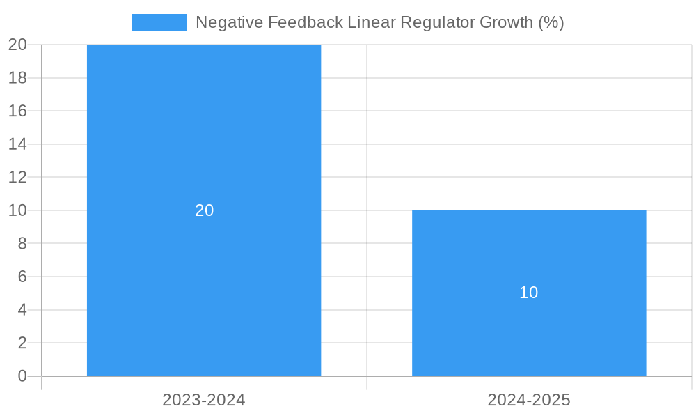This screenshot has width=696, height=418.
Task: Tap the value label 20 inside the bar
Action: (x=204, y=210)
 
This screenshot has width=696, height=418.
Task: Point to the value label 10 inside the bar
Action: (x=529, y=293)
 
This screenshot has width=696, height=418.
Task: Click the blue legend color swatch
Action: (x=159, y=22)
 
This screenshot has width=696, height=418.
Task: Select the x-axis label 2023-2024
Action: (x=204, y=400)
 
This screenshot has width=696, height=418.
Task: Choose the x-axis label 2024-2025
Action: (x=529, y=400)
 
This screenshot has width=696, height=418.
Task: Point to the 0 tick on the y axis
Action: (x=22, y=376)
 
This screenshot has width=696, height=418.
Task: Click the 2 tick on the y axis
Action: (x=22, y=343)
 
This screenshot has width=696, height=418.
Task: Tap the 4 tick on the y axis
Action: (x=22, y=310)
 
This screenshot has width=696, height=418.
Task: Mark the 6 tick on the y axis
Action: (x=22, y=277)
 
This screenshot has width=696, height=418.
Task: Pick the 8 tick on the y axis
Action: (x=22, y=244)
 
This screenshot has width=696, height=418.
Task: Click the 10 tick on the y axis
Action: (x=17, y=210)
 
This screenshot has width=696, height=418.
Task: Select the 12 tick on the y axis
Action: (x=17, y=177)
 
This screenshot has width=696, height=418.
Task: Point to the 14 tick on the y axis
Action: (x=17, y=144)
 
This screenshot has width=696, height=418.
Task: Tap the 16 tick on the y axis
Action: (x=17, y=111)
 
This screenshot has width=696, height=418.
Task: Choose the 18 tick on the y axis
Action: (x=17, y=78)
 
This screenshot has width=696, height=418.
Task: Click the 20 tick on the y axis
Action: (x=17, y=45)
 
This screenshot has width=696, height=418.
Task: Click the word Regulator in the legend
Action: (x=441, y=22)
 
